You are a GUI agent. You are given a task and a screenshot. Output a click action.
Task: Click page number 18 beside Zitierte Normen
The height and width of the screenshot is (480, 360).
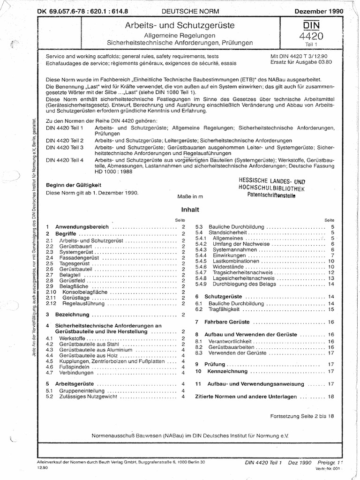331,396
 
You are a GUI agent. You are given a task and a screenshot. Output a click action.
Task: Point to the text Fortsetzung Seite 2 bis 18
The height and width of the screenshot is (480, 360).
303,416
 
